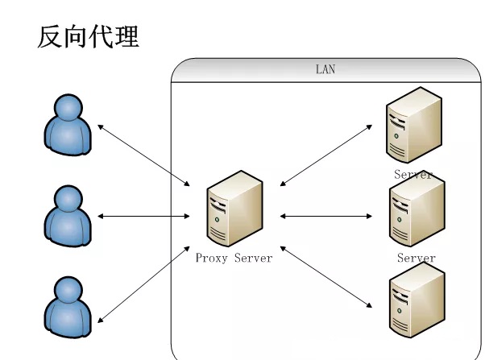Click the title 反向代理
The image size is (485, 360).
tap(88, 36)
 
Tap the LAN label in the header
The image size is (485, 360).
tap(325, 69)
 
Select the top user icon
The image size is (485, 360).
tap(68, 125)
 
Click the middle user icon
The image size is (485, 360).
tap(68, 216)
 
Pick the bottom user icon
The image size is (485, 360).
tap(68, 307)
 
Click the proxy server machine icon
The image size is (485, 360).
tap(234, 209)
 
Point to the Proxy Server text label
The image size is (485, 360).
tap(234, 258)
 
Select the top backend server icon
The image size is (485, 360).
tap(414, 125)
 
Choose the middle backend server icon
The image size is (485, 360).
tap(417, 209)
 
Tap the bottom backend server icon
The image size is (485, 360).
tap(417, 300)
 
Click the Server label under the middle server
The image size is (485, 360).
tap(417, 258)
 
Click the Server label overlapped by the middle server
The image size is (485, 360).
tap(413, 175)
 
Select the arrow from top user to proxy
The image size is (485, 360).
tap(143, 155)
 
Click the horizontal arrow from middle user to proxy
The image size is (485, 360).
tap(143, 216)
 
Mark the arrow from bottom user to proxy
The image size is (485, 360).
tap(143, 284)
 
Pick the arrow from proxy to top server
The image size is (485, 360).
tap(326, 155)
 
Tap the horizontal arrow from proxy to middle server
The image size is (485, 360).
tap(326, 216)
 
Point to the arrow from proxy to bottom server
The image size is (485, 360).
tap(326, 277)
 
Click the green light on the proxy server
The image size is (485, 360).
tap(217, 220)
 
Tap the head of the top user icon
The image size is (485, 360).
tap(68, 107)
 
